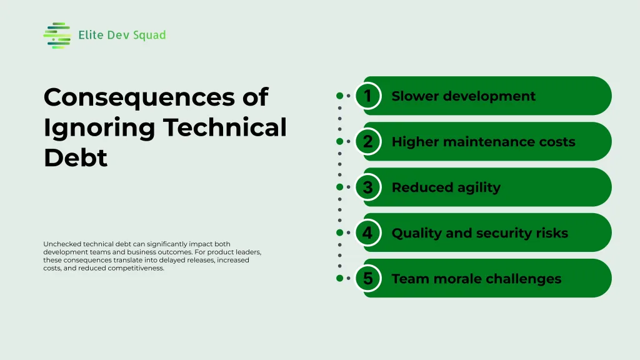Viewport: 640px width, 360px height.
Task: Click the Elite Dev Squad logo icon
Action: tap(57, 36)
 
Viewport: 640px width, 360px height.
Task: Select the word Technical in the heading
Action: tap(225, 127)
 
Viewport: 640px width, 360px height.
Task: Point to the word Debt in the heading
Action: tap(76, 158)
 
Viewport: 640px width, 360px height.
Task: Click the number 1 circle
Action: tap(368, 96)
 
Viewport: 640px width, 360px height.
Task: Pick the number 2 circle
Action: tap(368, 141)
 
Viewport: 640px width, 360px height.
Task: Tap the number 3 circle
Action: tap(368, 187)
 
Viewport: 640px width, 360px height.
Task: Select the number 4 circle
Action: tap(368, 232)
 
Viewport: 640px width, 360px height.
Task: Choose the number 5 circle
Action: tap(368, 278)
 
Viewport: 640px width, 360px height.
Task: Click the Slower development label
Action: tap(463, 96)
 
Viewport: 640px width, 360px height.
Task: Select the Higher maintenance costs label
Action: tap(483, 142)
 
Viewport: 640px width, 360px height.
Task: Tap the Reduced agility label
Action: tap(446, 187)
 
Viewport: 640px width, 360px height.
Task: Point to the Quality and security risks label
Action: tap(479, 233)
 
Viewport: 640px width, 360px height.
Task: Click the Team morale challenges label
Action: tap(476, 279)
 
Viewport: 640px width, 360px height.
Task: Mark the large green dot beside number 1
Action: tap(339, 96)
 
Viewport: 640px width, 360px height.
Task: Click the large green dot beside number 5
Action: tap(339, 278)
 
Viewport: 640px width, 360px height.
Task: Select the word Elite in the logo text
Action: tap(91, 35)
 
